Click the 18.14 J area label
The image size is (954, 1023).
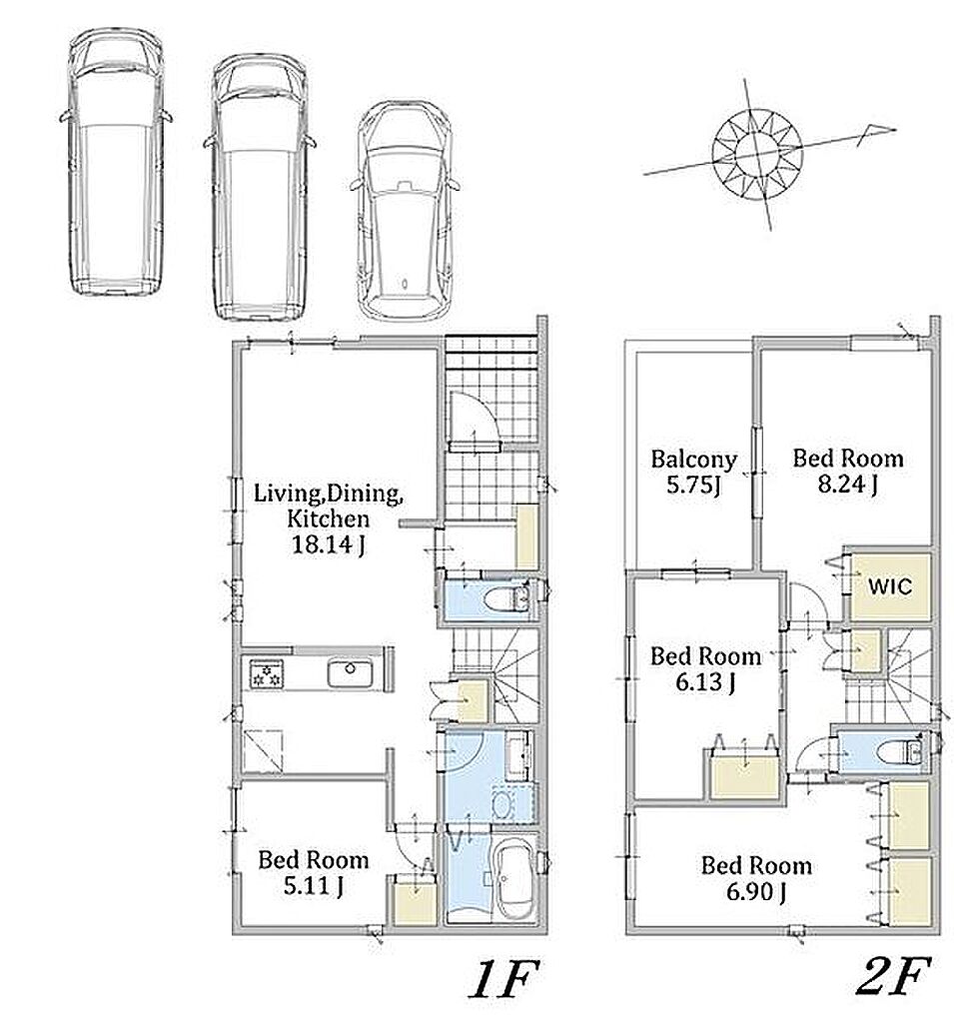(328, 544)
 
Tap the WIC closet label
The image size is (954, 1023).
(890, 585)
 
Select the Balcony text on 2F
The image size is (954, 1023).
(694, 460)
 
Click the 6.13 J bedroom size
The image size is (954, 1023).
(705, 682)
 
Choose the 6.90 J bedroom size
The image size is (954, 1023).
(755, 891)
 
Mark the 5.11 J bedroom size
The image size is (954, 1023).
(314, 886)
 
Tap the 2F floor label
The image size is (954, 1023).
(893, 975)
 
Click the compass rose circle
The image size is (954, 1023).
(757, 153)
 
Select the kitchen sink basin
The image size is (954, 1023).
(351, 672)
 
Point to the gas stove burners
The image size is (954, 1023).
(267, 674)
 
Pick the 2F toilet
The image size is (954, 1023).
(899, 751)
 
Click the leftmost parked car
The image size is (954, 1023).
(116, 162)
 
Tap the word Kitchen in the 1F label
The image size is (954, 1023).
(329, 518)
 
